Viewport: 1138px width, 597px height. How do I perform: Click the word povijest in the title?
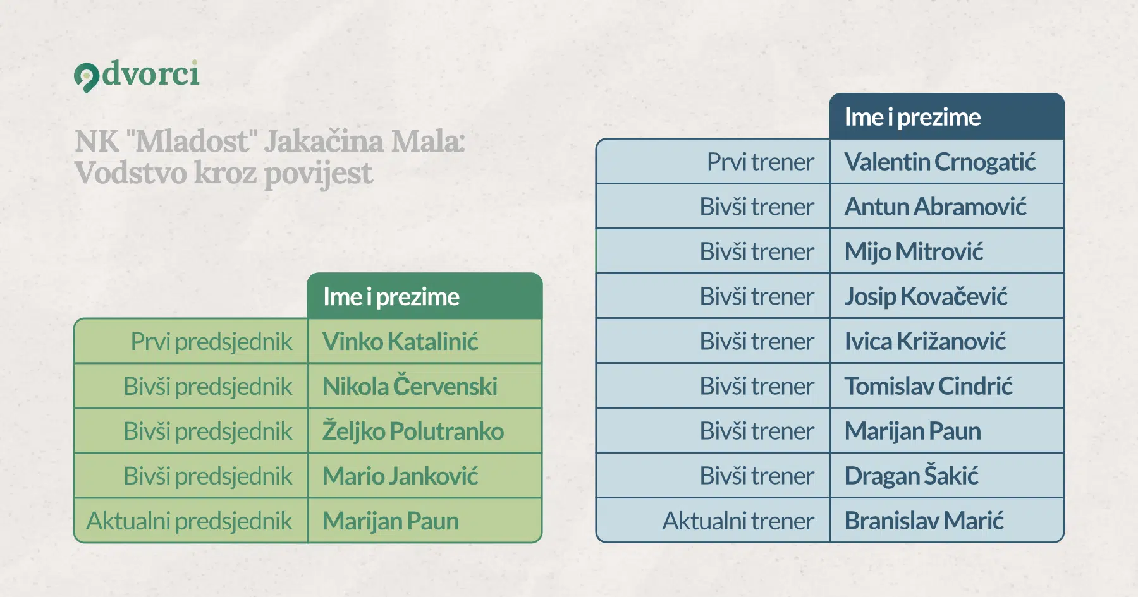click(x=318, y=174)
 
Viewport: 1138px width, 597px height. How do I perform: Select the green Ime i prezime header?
click(x=425, y=296)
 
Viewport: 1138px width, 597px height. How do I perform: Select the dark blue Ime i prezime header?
click(x=947, y=117)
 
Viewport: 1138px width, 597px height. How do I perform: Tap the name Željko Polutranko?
click(x=413, y=431)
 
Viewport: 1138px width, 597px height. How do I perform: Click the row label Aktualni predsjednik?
click(x=190, y=521)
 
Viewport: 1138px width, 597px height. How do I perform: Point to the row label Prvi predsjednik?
click(x=211, y=342)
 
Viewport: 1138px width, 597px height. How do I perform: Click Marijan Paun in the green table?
click(x=391, y=521)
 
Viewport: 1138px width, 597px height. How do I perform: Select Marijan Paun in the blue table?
click(x=913, y=431)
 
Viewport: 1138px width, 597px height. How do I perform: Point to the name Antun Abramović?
click(x=936, y=207)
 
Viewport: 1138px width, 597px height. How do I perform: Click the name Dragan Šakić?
click(x=912, y=476)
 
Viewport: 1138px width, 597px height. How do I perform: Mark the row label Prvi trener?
click(x=761, y=162)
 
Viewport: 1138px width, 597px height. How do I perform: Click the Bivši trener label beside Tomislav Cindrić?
click(x=757, y=386)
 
